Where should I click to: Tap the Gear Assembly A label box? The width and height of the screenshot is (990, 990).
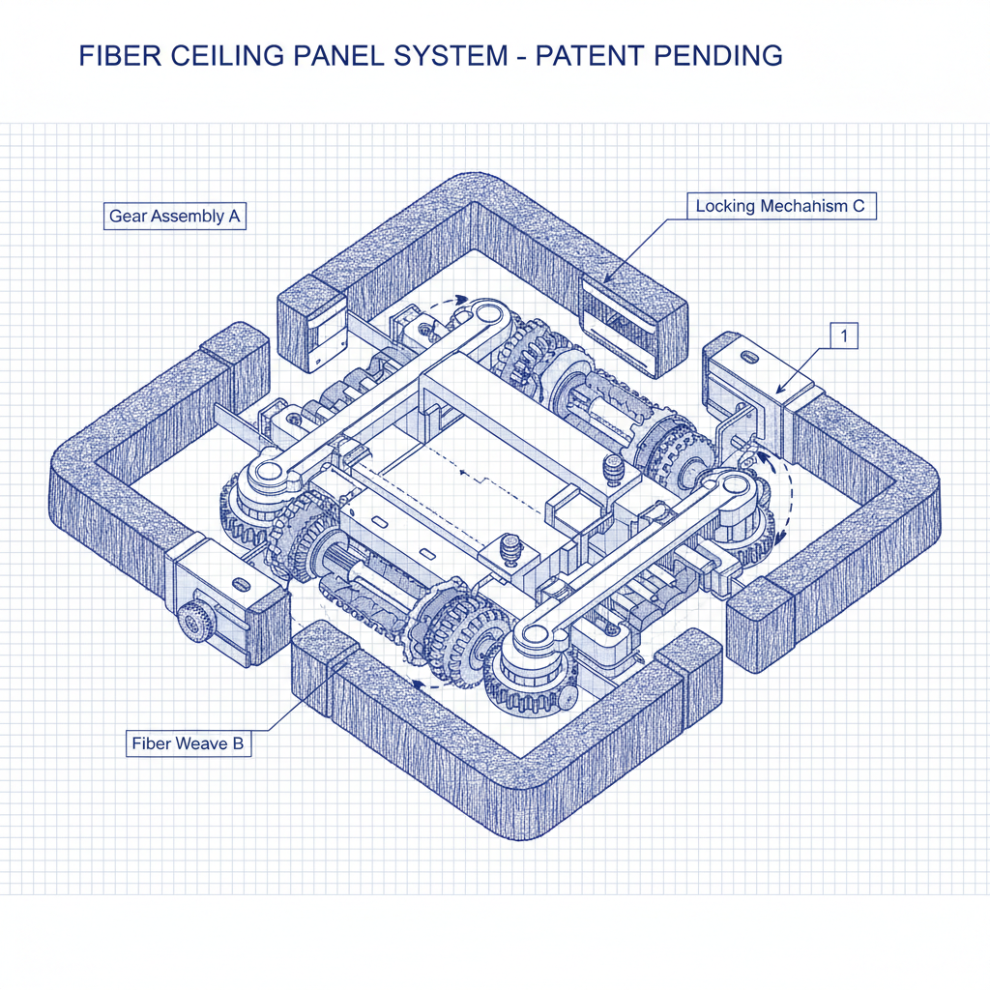coord(174,217)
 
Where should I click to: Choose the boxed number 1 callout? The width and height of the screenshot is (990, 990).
coord(844,336)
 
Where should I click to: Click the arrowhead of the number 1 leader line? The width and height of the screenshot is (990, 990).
coord(779,392)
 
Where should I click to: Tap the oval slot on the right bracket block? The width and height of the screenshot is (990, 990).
coord(748,356)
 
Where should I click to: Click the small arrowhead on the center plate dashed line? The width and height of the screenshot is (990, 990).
coord(465,474)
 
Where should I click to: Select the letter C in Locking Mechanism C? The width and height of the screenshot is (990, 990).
coord(859,206)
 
